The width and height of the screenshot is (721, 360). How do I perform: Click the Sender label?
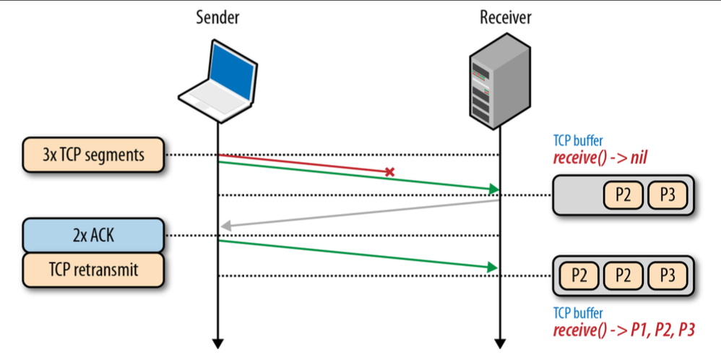coord(217,17)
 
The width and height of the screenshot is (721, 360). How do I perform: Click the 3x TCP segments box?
coord(94,155)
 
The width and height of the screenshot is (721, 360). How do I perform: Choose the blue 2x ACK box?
coord(94,235)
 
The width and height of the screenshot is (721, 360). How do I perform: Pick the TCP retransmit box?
coord(94,271)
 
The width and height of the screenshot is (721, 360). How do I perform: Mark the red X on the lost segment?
coord(389,172)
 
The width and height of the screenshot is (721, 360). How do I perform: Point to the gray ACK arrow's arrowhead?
coord(225,226)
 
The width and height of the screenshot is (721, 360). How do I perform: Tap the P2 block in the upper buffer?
coord(623,194)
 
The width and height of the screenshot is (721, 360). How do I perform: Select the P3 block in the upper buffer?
coord(668,194)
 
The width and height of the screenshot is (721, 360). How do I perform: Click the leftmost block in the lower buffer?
coord(578,275)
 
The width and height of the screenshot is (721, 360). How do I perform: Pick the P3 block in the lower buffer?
coord(668,275)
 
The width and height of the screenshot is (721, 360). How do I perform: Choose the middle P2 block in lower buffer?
coord(623,275)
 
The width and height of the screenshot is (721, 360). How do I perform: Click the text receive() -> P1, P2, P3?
coord(623,330)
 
